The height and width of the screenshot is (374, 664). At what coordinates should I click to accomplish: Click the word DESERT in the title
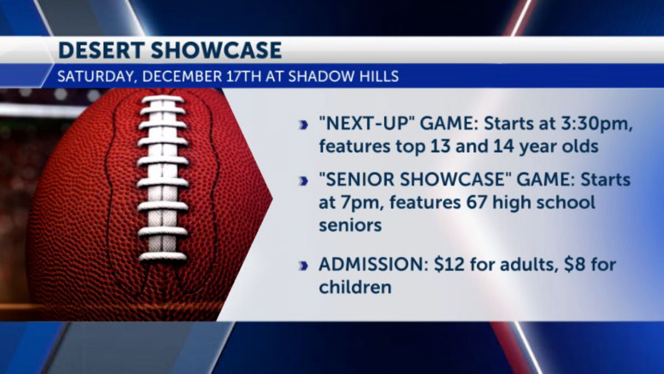tap(102, 50)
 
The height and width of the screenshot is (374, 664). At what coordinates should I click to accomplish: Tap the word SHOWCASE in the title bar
tap(216, 50)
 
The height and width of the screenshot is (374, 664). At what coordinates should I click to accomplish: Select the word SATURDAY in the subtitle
tap(95, 76)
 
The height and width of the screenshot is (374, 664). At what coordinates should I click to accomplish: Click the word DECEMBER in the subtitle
tap(182, 76)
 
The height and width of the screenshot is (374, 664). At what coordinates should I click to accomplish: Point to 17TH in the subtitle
tap(244, 76)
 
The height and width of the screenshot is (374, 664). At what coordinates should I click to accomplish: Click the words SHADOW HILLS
tap(344, 76)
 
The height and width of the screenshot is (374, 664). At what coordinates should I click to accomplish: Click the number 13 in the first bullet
tap(441, 146)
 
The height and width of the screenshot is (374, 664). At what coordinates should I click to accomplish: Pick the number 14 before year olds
tap(504, 146)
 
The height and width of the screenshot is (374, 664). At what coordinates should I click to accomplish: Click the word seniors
tap(350, 226)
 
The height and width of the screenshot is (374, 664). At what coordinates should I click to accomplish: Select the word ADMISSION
tap(373, 264)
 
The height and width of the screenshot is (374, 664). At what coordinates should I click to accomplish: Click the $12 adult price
tap(449, 264)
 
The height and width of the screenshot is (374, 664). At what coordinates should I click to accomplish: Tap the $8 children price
tap(575, 264)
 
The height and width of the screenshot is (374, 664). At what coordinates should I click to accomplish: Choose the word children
tap(355, 287)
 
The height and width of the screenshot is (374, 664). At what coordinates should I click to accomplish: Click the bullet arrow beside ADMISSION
tap(303, 266)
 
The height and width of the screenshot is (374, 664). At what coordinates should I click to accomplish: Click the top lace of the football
tap(163, 99)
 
